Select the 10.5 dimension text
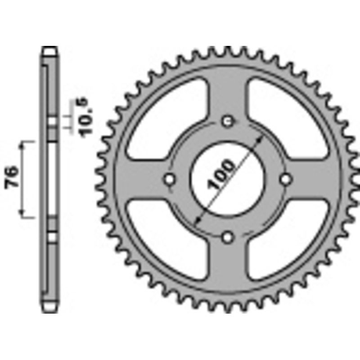(86, 119)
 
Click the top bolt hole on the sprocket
(228, 121)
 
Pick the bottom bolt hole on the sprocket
(228, 237)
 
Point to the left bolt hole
(170, 179)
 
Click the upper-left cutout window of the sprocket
(166, 115)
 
